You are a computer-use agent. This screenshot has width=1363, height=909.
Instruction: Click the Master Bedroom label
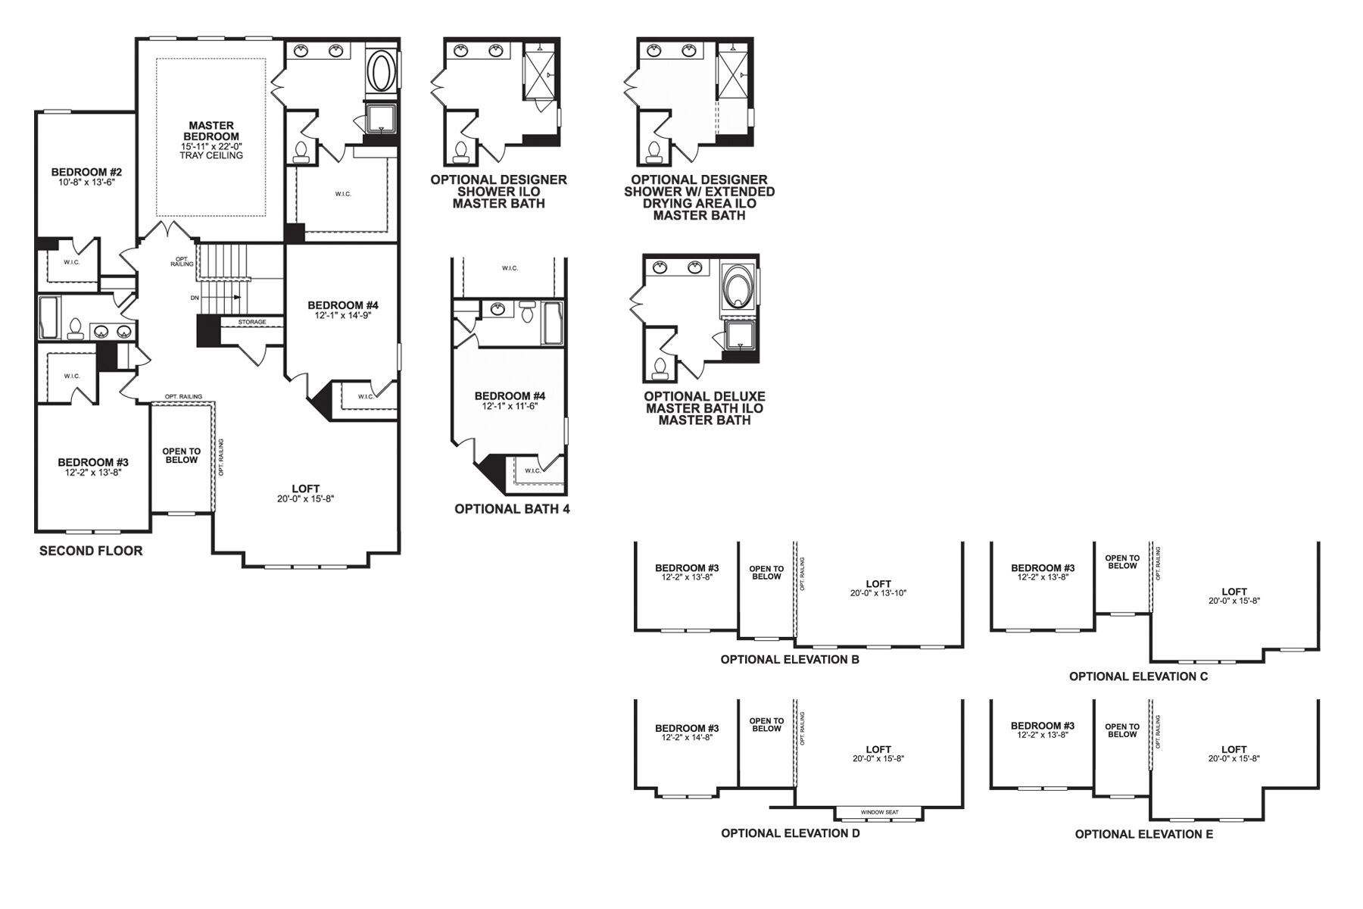(x=211, y=131)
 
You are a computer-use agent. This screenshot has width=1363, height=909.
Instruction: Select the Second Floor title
(x=91, y=551)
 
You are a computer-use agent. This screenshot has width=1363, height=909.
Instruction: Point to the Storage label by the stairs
(x=252, y=322)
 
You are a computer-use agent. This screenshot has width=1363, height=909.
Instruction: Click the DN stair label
(x=195, y=298)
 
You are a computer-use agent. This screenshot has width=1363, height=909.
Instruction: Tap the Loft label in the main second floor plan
(x=306, y=489)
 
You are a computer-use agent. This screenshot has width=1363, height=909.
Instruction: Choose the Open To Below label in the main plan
(x=181, y=455)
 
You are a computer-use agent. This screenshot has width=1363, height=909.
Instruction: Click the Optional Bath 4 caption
(x=512, y=509)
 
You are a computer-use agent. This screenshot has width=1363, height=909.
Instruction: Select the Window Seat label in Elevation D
(x=879, y=812)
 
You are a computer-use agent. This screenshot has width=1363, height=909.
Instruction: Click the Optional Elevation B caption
(x=790, y=659)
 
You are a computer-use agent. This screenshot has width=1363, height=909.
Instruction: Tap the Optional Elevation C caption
(x=1139, y=676)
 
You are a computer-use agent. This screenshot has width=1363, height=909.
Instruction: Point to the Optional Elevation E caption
(x=1144, y=834)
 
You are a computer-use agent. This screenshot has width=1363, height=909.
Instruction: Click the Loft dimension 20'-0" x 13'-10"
(x=878, y=593)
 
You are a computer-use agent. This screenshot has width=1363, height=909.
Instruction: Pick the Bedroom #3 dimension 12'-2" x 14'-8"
(x=687, y=737)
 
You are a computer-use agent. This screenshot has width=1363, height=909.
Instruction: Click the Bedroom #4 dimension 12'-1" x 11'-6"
(x=510, y=407)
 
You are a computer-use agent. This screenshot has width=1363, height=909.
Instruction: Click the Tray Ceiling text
(x=211, y=155)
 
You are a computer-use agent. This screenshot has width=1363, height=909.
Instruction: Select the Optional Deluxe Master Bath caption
(x=705, y=408)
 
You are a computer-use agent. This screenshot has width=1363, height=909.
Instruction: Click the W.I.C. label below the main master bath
(x=343, y=194)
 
